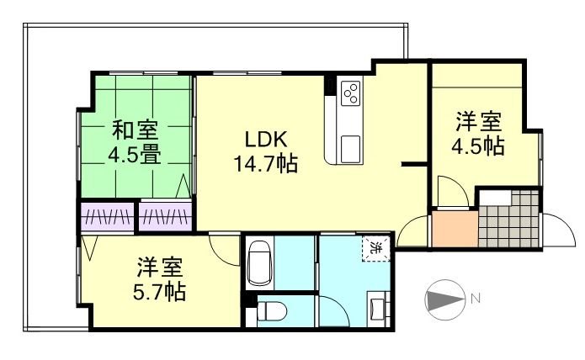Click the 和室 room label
coord(135,131)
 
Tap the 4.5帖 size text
coord(477,146)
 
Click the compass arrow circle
coord(445,299)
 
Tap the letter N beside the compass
coord(476,298)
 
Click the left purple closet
coord(107,216)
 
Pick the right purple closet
coord(165,216)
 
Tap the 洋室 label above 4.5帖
coord(477,121)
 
